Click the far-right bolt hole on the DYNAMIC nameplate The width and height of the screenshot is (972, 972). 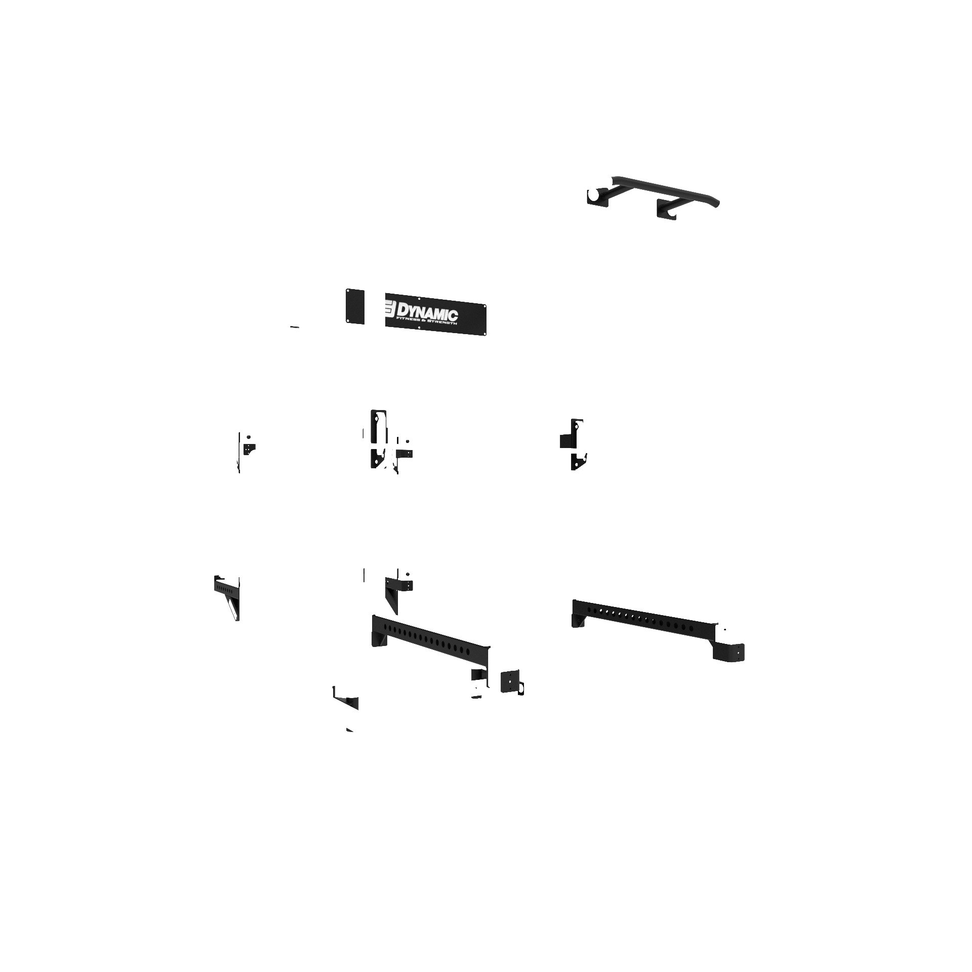[x=484, y=307]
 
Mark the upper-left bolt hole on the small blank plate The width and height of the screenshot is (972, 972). [x=348, y=292]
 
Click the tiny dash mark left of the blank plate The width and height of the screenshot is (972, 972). [x=294, y=327]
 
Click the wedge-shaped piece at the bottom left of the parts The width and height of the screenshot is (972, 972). [x=347, y=703]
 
